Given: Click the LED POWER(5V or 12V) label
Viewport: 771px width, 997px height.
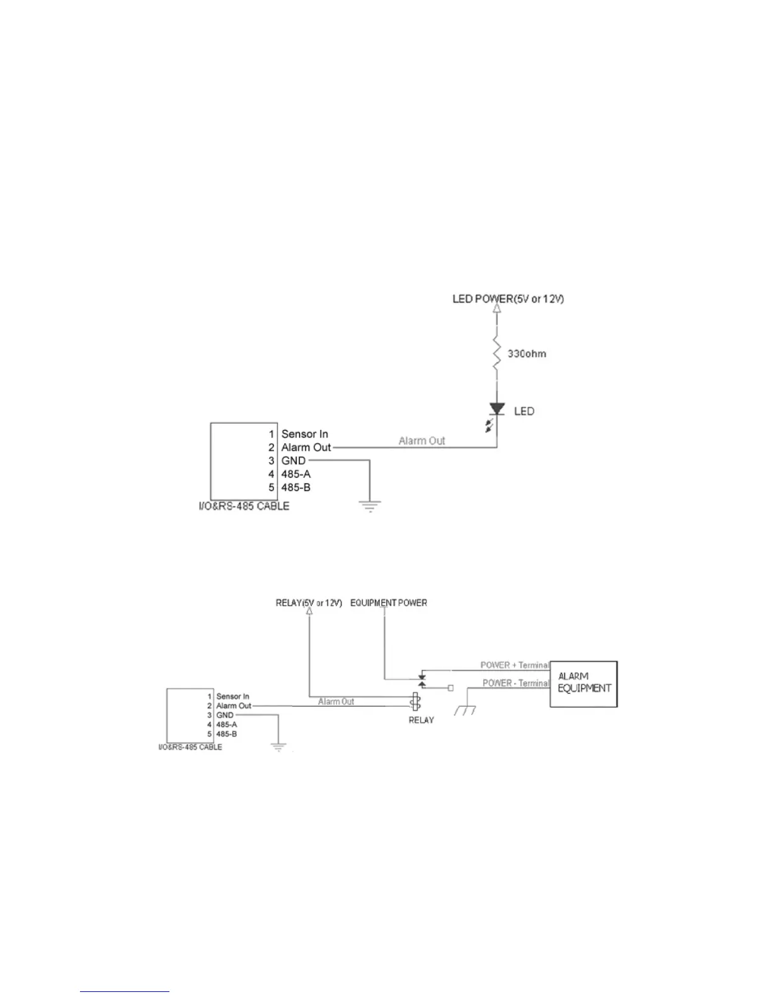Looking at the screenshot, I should (508, 298).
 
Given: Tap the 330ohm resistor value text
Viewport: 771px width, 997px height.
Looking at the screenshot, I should (527, 354).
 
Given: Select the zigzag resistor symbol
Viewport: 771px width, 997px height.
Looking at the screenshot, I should (496, 355).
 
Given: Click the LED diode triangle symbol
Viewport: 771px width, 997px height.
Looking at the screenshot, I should (497, 409).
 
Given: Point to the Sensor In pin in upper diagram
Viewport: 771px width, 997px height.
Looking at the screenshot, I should (304, 434).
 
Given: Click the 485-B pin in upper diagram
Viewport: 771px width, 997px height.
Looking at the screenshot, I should (295, 488).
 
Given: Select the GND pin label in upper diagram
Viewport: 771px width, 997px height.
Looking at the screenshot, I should (293, 461).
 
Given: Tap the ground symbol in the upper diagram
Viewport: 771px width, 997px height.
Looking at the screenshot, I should (370, 505).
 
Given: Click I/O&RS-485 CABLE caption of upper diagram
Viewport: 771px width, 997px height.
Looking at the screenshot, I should (244, 506).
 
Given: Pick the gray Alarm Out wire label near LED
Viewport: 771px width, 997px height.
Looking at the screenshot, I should (421, 441).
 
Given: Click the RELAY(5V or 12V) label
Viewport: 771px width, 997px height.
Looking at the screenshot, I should (309, 603).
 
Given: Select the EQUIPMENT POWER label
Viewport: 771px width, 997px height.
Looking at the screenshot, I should (389, 603).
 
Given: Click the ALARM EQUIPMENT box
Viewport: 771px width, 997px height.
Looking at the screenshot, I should (584, 684).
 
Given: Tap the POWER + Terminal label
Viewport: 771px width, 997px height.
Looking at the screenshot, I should (515, 665).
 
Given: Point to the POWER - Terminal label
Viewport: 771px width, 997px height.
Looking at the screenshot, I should (516, 683).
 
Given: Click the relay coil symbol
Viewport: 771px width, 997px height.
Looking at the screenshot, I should (415, 702).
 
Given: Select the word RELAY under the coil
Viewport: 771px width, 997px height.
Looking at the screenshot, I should (421, 720).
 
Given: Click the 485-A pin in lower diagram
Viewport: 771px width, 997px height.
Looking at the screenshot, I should (226, 724).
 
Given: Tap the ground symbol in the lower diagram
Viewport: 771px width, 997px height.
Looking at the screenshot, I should (278, 747).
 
